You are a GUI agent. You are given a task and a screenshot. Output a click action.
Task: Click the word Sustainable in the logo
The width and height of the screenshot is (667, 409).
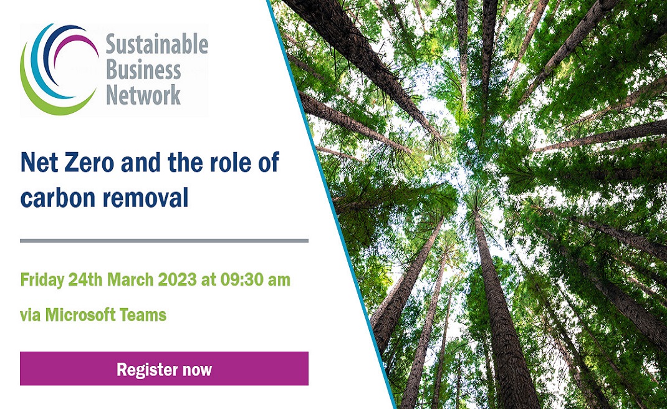tap(156, 45)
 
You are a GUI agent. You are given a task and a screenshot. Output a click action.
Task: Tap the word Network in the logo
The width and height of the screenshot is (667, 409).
tap(143, 95)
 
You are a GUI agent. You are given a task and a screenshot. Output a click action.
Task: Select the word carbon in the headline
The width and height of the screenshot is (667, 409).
tap(56, 198)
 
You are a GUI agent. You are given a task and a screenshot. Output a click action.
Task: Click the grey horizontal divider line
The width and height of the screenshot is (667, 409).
tap(164, 241)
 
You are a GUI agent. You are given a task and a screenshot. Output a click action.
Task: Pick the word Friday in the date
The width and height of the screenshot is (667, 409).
tap(42, 280)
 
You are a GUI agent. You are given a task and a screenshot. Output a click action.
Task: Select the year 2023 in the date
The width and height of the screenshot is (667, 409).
tap(177, 280)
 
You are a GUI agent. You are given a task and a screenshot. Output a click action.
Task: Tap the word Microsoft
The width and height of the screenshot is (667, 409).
tap(80, 315)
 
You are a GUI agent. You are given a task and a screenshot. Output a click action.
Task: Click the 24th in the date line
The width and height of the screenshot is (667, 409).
tap(85, 280)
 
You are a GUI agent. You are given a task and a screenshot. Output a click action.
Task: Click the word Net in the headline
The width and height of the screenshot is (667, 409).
tap(38, 162)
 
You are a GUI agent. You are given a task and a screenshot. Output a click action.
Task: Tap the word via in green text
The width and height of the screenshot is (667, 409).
tap(31, 315)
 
